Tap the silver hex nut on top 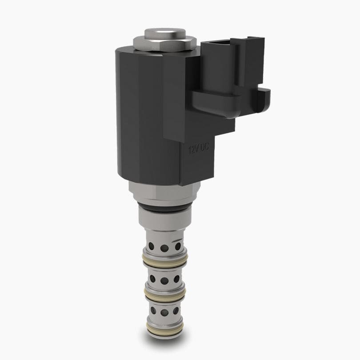[165, 43]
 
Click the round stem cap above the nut [165, 33]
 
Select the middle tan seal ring [165, 294]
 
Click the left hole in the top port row [152, 245]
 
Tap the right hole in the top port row [178, 246]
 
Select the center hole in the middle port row [164, 281]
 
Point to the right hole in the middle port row [177, 279]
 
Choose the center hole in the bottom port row [164, 312]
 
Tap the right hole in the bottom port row [176, 311]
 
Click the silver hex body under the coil [164, 192]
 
